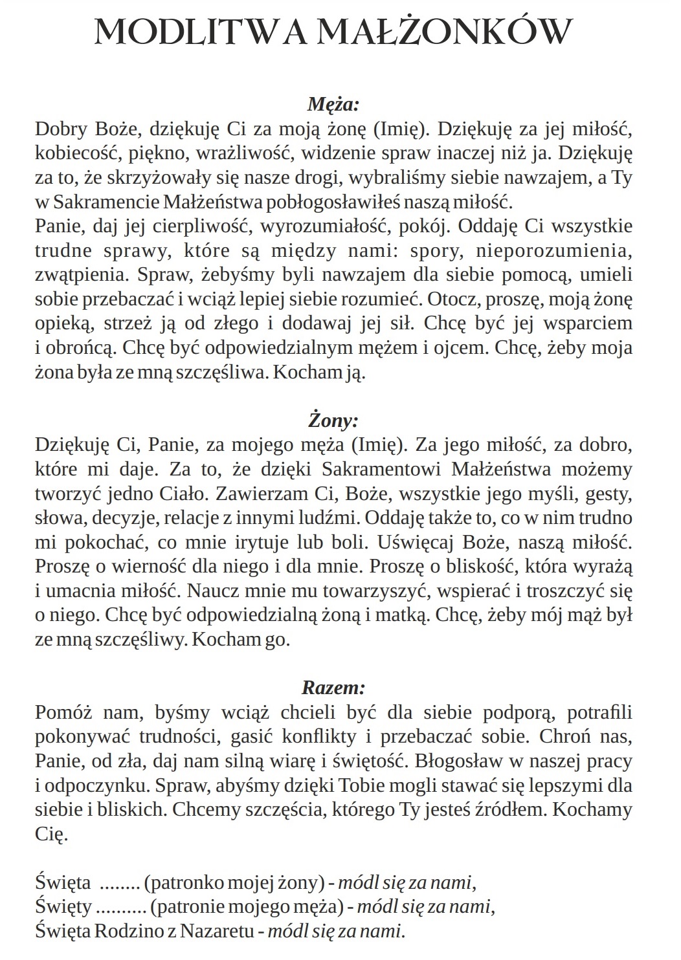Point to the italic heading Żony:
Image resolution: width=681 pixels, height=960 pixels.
(333, 421)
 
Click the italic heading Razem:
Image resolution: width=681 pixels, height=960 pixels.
(333, 687)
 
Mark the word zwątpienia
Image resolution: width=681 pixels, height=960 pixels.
(81, 275)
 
